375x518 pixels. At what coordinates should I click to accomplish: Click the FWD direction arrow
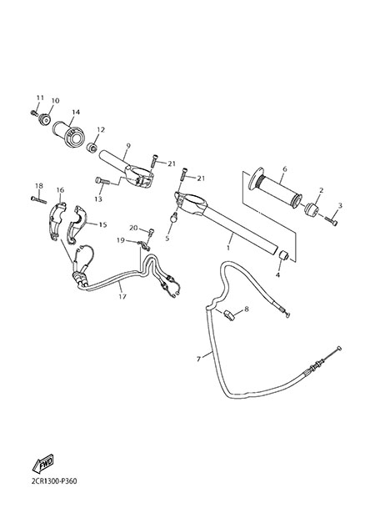42,464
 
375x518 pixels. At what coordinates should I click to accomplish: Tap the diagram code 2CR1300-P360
54,481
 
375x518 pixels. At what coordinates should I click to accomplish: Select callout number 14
76,113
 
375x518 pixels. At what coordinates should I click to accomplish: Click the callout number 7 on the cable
198,359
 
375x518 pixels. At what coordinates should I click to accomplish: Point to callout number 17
122,296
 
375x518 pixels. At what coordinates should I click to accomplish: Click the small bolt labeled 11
33,113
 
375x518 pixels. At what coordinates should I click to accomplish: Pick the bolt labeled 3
332,221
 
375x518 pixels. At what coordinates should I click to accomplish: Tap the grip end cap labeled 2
312,210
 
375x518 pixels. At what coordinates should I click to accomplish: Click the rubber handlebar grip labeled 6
275,189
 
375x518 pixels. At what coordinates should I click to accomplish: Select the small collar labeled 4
283,255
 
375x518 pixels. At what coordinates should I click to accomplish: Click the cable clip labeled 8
229,314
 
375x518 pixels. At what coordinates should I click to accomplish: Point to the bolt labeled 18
38,200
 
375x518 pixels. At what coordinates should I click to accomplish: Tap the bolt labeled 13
102,181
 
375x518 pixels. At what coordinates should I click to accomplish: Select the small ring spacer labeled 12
92,148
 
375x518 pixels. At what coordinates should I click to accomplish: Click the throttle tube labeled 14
67,134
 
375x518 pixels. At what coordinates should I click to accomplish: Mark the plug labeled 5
173,218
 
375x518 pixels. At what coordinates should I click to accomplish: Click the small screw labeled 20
150,233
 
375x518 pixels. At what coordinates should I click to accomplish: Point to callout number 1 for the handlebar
227,247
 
